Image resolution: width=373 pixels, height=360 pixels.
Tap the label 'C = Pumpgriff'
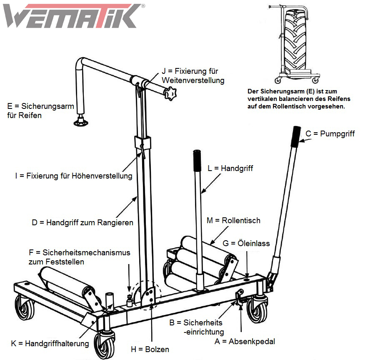pos(330,134)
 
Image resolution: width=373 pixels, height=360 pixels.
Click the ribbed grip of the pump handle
pos(296,136)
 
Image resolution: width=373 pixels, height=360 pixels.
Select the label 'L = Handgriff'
pos(230,169)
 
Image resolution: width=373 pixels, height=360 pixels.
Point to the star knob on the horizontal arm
pos(170,94)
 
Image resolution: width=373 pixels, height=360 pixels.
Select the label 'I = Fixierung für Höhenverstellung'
pos(73,176)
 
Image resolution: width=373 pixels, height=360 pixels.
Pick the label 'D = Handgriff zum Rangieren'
pos(83,222)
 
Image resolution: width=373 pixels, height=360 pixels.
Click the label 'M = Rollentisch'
pos(233,220)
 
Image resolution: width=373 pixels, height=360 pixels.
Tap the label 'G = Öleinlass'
pos(246,243)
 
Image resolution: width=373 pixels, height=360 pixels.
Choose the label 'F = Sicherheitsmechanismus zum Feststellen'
pos(79,257)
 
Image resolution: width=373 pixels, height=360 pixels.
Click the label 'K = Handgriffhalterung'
pos(50,344)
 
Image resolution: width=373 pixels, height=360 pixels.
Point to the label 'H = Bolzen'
pos(150,349)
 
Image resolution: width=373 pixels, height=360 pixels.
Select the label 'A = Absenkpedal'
pos(245,341)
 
